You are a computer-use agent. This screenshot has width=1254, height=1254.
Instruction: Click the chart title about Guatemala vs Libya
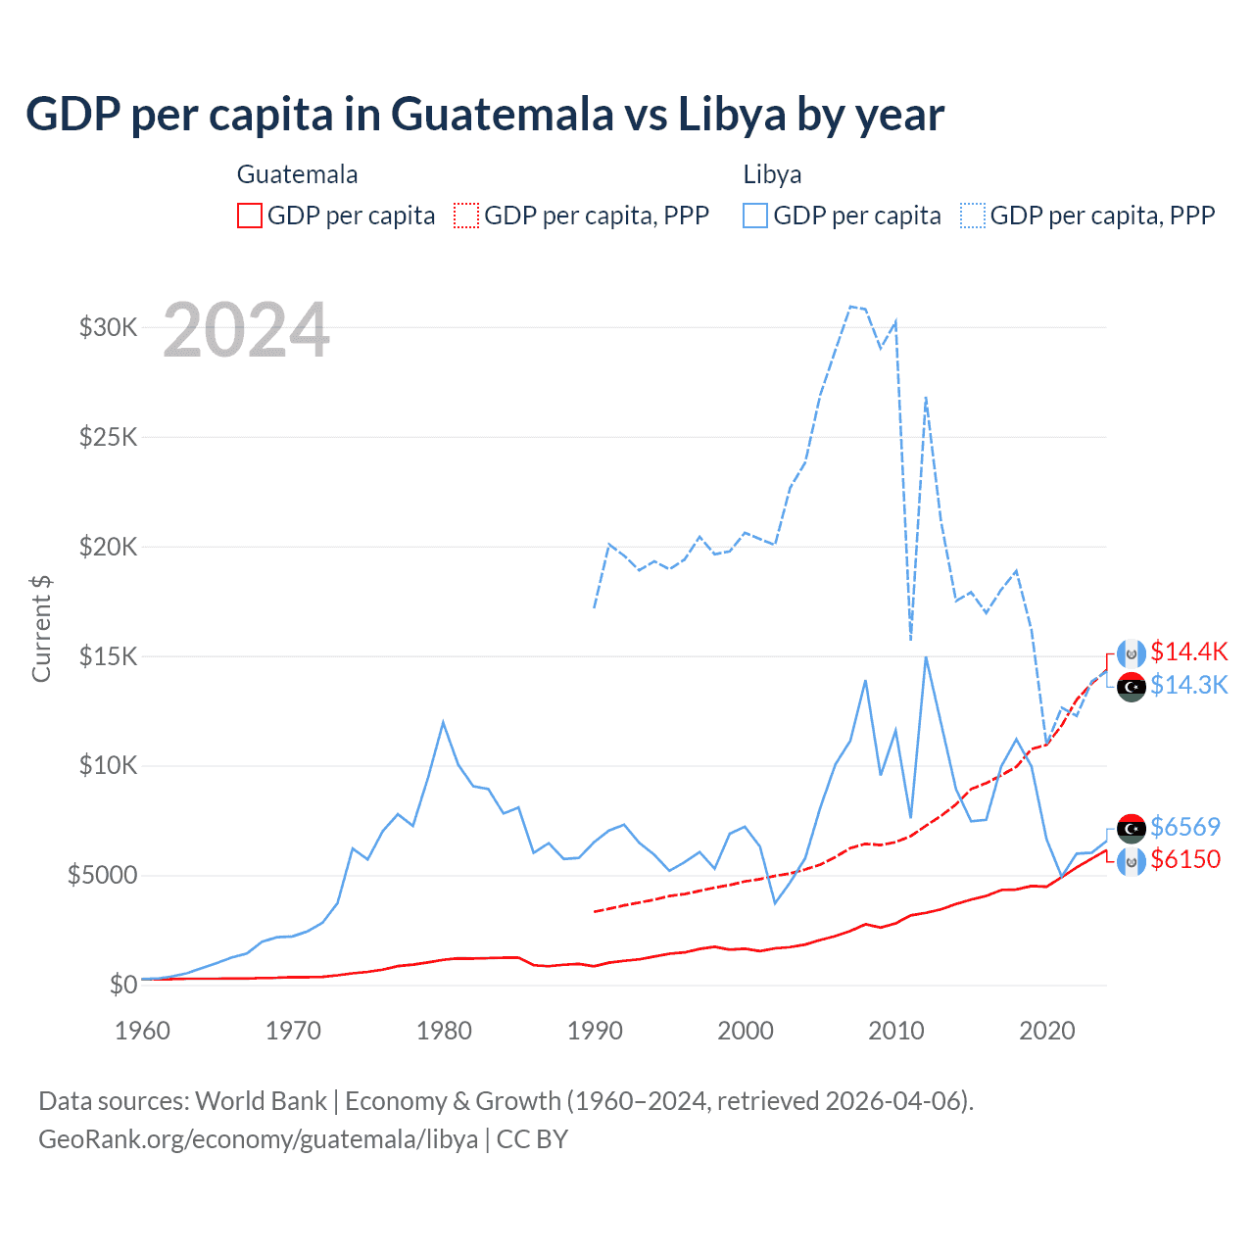pyautogui.click(x=485, y=115)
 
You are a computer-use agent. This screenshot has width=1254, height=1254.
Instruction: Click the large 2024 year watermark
pyautogui.click(x=246, y=330)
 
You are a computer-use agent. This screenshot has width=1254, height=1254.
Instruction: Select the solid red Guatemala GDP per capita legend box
pyautogui.click(x=250, y=216)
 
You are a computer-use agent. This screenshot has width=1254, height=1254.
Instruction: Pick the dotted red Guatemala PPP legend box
pyautogui.click(x=466, y=216)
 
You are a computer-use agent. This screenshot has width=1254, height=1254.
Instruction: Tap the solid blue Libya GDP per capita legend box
pyautogui.click(x=755, y=216)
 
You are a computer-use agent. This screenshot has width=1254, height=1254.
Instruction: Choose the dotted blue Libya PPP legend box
pyautogui.click(x=973, y=216)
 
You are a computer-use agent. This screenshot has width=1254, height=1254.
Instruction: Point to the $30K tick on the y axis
pyautogui.click(x=109, y=327)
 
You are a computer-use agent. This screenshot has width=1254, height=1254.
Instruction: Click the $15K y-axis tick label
pyautogui.click(x=109, y=655)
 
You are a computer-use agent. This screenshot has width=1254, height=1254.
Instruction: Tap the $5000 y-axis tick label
pyautogui.click(x=103, y=875)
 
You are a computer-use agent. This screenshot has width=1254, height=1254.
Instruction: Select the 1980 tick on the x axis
pyautogui.click(x=444, y=1031)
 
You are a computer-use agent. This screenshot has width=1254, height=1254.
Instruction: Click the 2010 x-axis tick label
pyautogui.click(x=896, y=1031)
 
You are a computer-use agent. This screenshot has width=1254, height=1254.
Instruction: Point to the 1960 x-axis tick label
pyautogui.click(x=143, y=1031)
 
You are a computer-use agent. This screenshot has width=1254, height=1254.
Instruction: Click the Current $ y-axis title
pyautogui.click(x=41, y=628)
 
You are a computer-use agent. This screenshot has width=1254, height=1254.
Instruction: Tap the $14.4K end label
pyautogui.click(x=1188, y=652)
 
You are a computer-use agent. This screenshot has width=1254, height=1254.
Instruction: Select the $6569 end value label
pyautogui.click(x=1185, y=827)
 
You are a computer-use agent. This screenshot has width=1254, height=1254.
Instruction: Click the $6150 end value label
pyautogui.click(x=1185, y=859)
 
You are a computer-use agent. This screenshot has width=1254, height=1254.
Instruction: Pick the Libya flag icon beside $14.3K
pyautogui.click(x=1132, y=687)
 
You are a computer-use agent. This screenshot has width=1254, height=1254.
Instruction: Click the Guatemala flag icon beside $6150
pyautogui.click(x=1132, y=861)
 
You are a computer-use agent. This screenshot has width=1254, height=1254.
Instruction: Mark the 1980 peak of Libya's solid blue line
pyautogui.click(x=443, y=723)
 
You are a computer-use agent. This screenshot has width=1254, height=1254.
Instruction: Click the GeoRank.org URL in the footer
pyautogui.click(x=258, y=1139)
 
